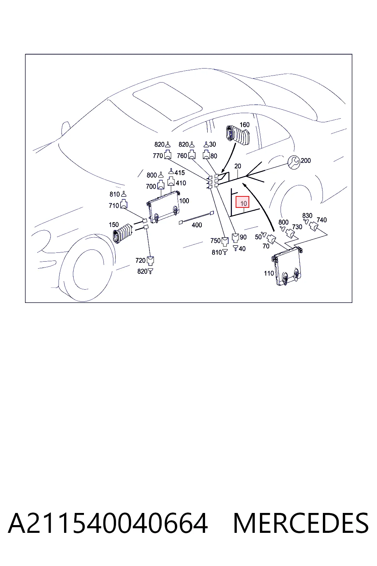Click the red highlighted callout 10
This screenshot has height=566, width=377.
(242, 202)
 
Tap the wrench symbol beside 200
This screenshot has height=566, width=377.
(294, 162)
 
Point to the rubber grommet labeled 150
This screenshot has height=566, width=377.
(123, 233)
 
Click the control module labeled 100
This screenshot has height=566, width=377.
(163, 206)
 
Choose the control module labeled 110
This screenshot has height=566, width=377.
(287, 266)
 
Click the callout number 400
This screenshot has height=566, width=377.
(197, 225)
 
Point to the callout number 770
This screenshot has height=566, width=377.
(158, 156)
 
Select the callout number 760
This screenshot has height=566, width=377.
(182, 156)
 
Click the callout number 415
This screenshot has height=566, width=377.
(180, 173)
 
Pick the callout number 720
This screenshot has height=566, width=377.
(140, 260)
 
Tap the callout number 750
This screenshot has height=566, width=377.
(215, 241)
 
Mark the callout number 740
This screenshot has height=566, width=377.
(322, 220)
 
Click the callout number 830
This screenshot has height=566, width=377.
(307, 216)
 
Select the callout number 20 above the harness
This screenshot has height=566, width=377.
(237, 166)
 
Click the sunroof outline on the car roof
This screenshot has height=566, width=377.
(168, 101)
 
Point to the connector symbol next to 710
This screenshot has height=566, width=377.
(124, 204)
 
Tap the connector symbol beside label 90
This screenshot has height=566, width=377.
(235, 238)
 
